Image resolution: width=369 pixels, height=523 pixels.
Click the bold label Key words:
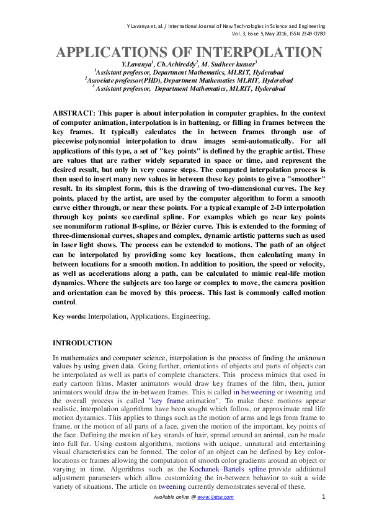[69, 316]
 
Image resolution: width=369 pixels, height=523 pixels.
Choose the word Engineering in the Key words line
[189, 316]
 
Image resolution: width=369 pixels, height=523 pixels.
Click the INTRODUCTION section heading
[82, 343]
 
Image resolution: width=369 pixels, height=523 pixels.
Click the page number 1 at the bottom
[324, 496]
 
